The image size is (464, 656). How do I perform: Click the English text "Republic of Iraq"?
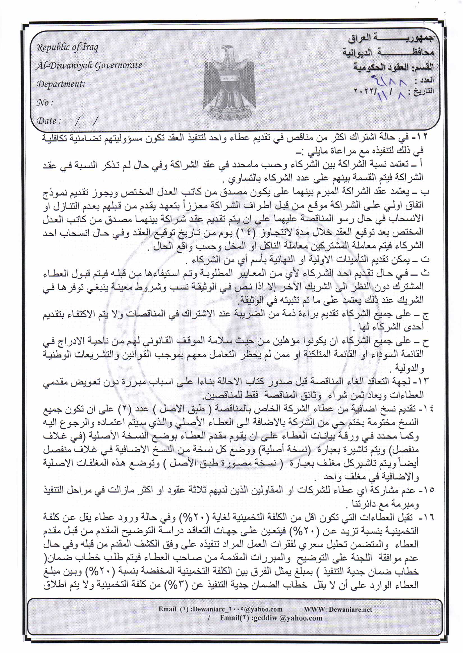(x=67, y=47)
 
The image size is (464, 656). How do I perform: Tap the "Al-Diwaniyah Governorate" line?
(x=89, y=65)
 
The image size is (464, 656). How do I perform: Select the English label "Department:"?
(x=61, y=84)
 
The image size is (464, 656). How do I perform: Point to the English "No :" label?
(x=45, y=102)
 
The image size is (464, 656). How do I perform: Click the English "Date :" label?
(x=49, y=121)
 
